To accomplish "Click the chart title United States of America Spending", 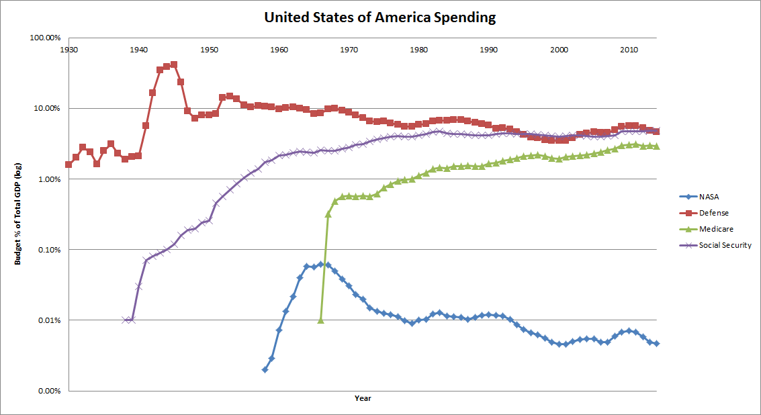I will click(380, 18).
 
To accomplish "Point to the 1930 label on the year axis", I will click(69, 50).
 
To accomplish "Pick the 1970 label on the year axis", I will click(349, 50).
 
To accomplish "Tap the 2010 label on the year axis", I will click(629, 50).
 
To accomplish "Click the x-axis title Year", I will click(363, 398).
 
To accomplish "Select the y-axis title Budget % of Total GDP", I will click(19, 214).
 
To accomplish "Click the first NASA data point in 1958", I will click(265, 369).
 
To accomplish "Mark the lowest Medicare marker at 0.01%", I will click(320, 320).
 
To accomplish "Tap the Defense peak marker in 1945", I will click(174, 64).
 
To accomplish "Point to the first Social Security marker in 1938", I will click(125, 320).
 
